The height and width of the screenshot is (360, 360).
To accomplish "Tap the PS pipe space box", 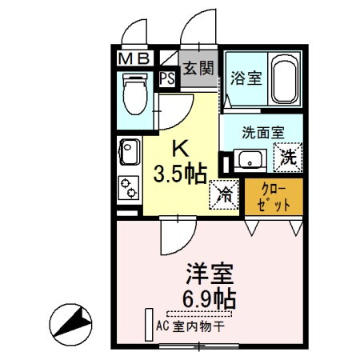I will (x=166, y=78).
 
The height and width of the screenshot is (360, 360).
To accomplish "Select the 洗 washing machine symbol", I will (x=287, y=157).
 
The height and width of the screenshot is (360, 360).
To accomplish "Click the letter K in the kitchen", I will (x=180, y=149).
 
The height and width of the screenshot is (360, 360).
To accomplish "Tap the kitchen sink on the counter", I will (x=128, y=151).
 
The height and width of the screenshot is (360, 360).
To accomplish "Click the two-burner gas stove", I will (x=128, y=188).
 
